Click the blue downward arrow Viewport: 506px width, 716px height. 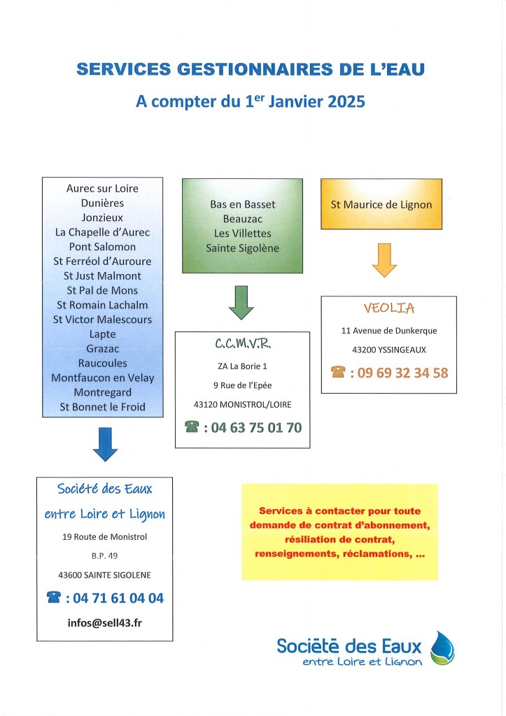tap(105, 444)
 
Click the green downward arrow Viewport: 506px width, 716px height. tap(241, 302)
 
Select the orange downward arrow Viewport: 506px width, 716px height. tap(384, 260)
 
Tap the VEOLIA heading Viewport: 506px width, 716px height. tap(389, 308)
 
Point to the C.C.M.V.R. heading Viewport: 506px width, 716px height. tap(243, 343)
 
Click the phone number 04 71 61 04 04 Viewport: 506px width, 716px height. tap(118, 598)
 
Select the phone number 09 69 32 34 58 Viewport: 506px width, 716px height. tap(402, 373)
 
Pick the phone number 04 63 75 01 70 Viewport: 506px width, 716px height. tap(256, 427)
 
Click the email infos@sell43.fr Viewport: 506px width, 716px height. tap(105, 623)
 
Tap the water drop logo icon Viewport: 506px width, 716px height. tap(442, 648)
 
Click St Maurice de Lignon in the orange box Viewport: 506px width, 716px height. tap(381, 205)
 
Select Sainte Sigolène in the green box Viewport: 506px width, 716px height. tap(242, 248)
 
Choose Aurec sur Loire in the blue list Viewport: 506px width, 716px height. tap(102, 188)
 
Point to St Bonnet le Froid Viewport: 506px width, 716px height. tap(102, 406)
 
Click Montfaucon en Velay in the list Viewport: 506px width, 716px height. tap(102, 378)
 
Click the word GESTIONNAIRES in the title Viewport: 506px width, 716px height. tap(255, 69)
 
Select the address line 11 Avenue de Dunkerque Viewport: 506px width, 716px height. tap(389, 331)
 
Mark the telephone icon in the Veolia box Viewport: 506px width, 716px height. tap(338, 372)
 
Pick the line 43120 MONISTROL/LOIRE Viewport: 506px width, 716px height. tap(243, 405)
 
